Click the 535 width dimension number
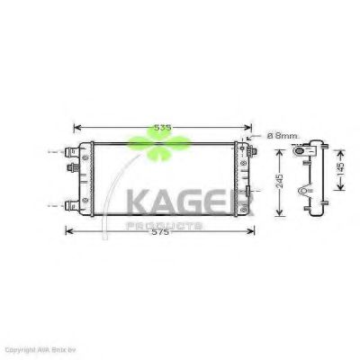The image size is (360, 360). (x=162, y=128)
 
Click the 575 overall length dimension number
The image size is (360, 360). (x=162, y=232)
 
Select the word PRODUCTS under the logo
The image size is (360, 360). (x=167, y=223)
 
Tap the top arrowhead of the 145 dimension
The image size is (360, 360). (x=340, y=143)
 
